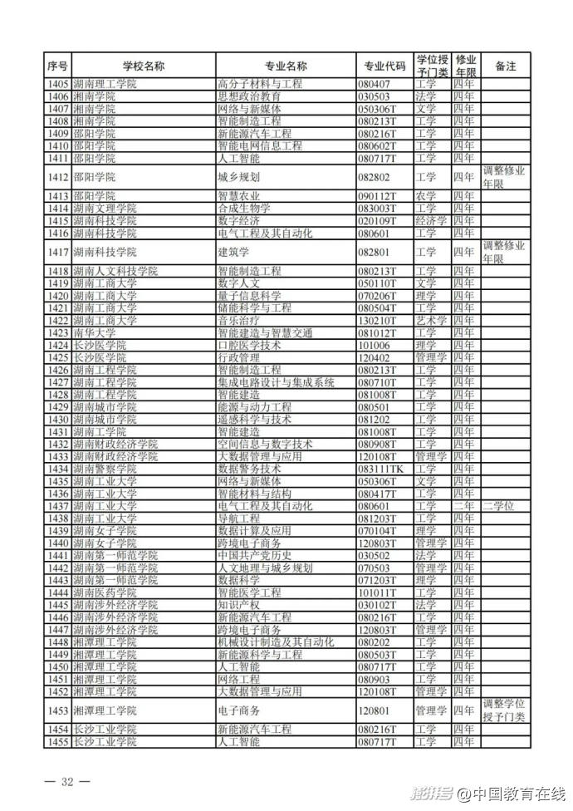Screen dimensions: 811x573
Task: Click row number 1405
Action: (x=57, y=84)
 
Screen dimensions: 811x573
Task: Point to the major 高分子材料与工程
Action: (x=260, y=84)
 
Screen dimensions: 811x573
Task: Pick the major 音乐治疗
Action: (x=238, y=321)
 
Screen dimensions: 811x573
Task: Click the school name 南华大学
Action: (x=93, y=333)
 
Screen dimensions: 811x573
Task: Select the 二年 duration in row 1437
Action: (x=464, y=506)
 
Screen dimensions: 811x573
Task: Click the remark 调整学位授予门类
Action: (x=504, y=710)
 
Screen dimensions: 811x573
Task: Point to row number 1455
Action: (x=57, y=741)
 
